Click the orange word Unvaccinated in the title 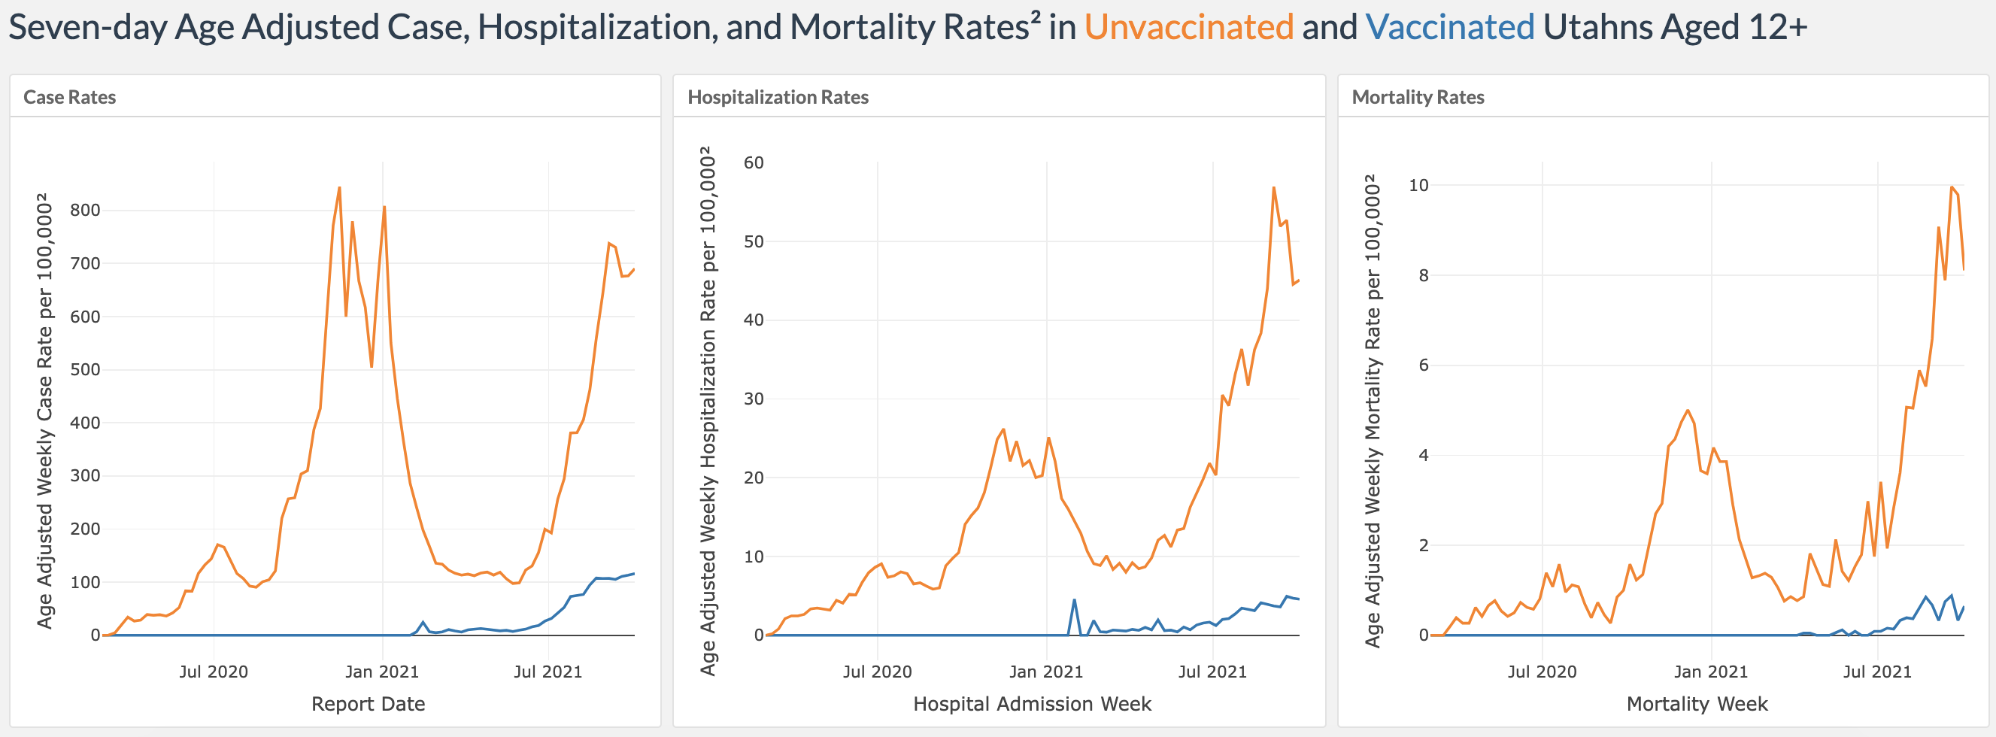[x=1188, y=28]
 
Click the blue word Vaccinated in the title [x=1449, y=28]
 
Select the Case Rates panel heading [x=70, y=97]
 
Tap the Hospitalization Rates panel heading [x=778, y=97]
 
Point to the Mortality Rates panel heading [x=1418, y=97]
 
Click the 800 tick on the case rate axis [x=85, y=210]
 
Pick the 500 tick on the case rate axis [x=85, y=370]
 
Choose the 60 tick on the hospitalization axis [x=753, y=162]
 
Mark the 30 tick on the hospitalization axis [x=753, y=399]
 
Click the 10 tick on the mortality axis [x=1418, y=185]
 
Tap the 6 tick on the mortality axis [x=1424, y=365]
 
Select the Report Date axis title [x=368, y=704]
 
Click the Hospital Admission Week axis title [x=1032, y=704]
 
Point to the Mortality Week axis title [x=1697, y=704]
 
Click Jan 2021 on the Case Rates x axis [x=382, y=672]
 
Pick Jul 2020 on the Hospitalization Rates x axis [x=877, y=672]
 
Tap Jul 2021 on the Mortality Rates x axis [x=1876, y=672]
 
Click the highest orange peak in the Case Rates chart [x=339, y=187]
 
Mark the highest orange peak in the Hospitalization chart [x=1273, y=187]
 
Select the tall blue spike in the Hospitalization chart [x=1074, y=600]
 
